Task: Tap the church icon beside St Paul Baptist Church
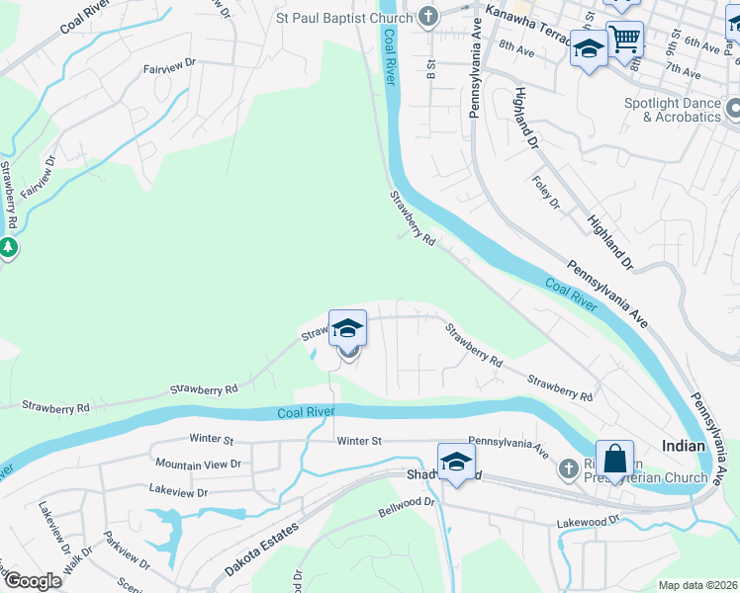(428, 17)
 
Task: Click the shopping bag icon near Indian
(614, 460)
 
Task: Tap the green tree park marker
(8, 247)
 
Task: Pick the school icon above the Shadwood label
(456, 462)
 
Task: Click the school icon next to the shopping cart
(589, 48)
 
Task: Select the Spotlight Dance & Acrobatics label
(673, 110)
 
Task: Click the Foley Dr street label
(547, 191)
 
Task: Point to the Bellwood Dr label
(407, 508)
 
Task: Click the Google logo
(33, 581)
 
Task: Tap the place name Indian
(684, 447)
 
